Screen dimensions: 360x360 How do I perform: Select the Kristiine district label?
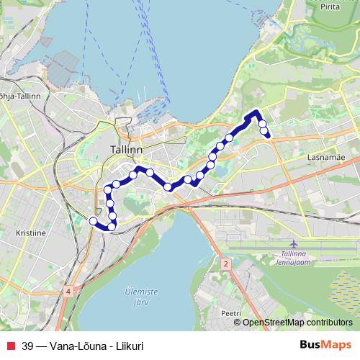coord(30,234)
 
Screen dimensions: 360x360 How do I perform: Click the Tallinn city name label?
coord(127,149)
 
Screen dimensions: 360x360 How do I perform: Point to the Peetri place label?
coord(230,314)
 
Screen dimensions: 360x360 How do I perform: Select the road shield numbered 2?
coord(225,265)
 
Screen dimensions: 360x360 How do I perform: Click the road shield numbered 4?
coord(67,291)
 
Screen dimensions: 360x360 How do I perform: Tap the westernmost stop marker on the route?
coord(92,220)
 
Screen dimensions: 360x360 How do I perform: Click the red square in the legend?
coord(9,346)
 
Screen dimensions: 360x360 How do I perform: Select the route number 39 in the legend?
coord(27,346)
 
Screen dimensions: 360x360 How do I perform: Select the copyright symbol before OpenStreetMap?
coord(237,323)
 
